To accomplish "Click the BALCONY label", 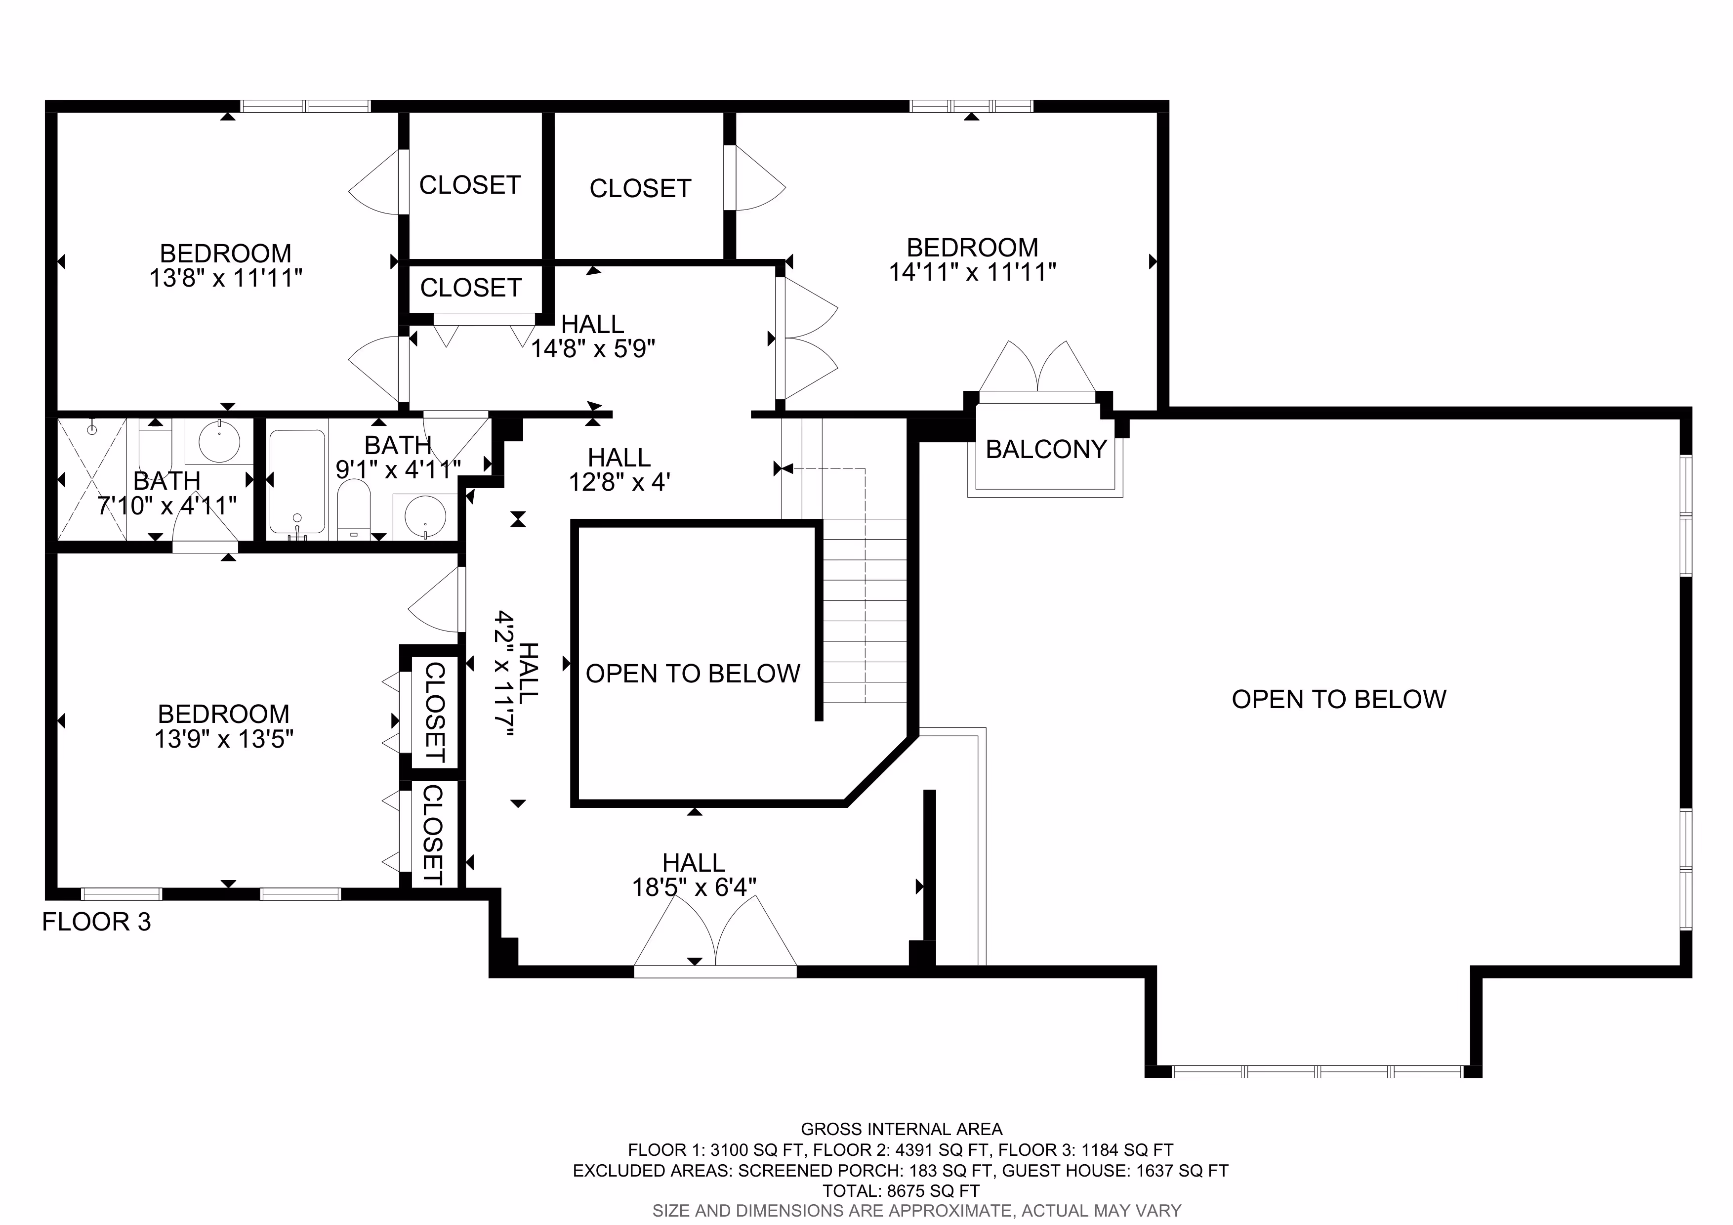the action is [x=1045, y=449].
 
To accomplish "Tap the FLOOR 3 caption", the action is [x=97, y=922].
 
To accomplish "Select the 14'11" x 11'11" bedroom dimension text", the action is [x=972, y=272].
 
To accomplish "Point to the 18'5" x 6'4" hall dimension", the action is [x=695, y=887].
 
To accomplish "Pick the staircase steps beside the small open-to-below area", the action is [x=864, y=611].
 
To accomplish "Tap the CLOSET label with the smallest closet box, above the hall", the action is [x=471, y=288].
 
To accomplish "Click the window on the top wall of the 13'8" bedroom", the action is [x=306, y=106].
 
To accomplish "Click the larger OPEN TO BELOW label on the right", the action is [x=1339, y=700].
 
